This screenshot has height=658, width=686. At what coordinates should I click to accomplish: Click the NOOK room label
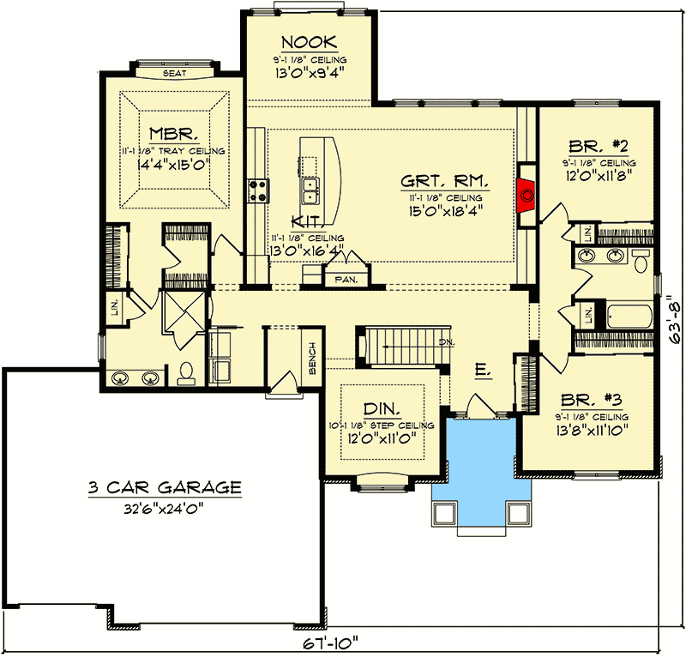[309, 42]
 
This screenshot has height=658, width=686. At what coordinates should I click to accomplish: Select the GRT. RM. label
[445, 181]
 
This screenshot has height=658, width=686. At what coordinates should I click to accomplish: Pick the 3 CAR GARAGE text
[164, 487]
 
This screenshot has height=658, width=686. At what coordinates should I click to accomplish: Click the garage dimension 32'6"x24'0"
[164, 507]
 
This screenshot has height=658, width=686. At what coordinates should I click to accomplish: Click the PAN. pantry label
[346, 278]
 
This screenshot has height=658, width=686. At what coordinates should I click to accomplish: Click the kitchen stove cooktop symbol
[258, 189]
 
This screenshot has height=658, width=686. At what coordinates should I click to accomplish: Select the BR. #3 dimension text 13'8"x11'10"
[592, 429]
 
